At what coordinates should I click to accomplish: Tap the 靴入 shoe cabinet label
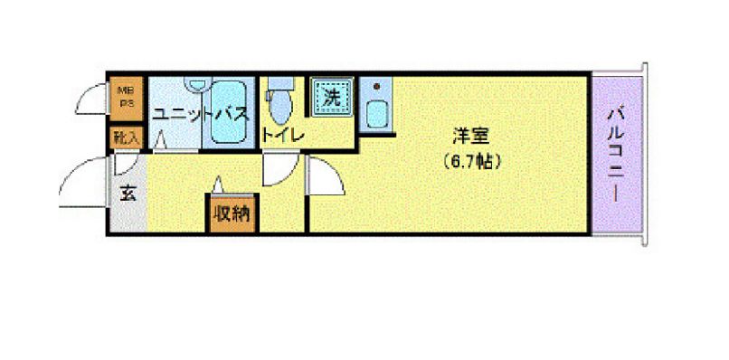[x=126, y=137]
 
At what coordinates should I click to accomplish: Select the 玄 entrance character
[x=128, y=192]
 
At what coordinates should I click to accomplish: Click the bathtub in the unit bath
[x=228, y=113]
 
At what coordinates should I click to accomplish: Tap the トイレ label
[x=283, y=136]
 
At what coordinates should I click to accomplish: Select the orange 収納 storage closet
[x=232, y=213]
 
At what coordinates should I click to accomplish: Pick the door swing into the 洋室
[x=327, y=177]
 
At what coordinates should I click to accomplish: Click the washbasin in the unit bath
[x=194, y=84]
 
